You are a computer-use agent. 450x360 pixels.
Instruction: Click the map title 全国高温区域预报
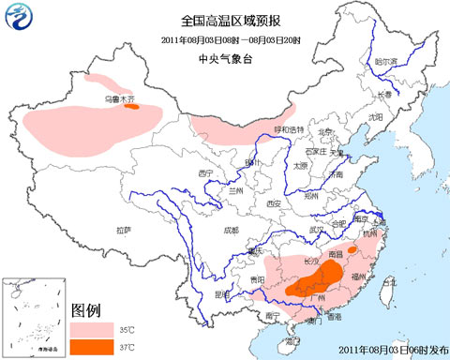pos(225,20)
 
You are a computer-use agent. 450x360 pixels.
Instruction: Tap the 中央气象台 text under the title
pos(225,58)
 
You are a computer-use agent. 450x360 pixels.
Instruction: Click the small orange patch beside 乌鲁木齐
pos(132,106)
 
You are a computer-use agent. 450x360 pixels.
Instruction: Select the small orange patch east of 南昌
pos(352,250)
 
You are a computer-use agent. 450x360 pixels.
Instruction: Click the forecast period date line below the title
pos(225,39)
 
